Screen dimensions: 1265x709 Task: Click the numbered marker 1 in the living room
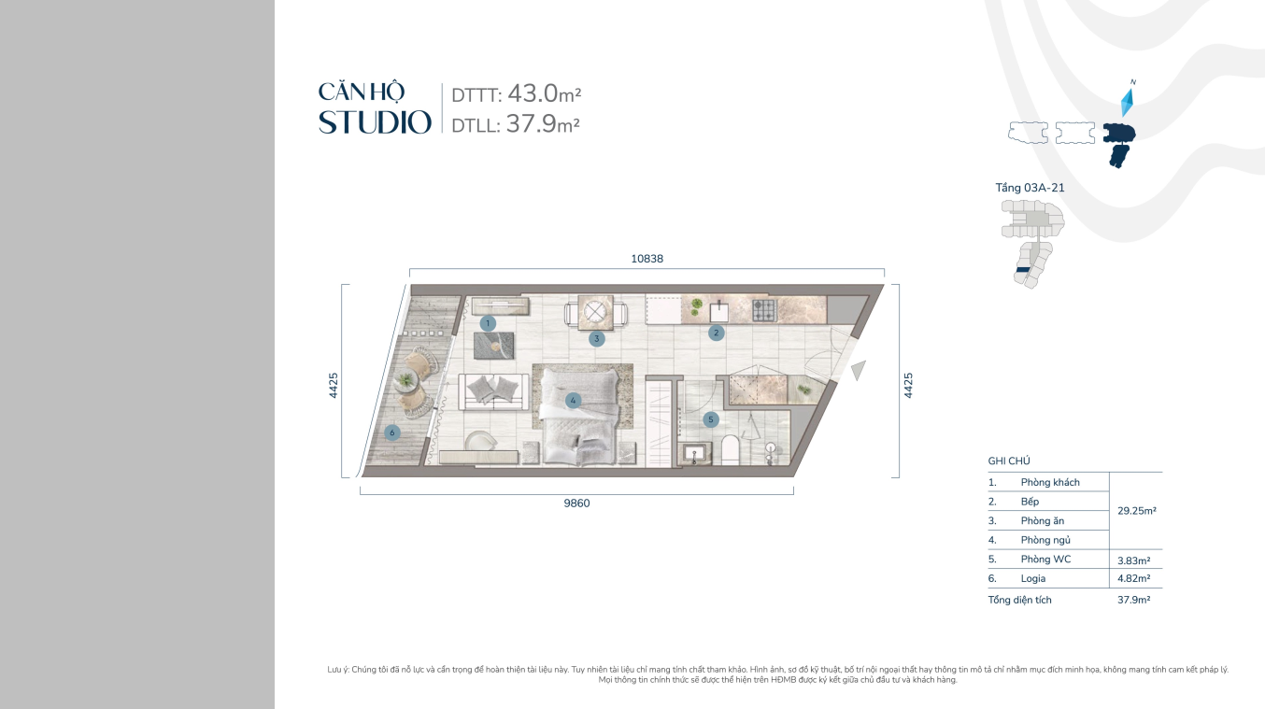tap(488, 323)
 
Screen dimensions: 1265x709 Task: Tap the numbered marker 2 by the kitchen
tap(716, 333)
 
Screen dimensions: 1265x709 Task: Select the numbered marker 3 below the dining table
tap(596, 339)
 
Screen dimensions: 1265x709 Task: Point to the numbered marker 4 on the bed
tap(573, 401)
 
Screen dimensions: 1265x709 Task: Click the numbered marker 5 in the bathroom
tap(710, 419)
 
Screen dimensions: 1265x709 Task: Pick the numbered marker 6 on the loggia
tap(391, 432)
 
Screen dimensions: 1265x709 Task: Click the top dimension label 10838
tap(647, 259)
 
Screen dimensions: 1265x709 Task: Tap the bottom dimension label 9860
tap(576, 503)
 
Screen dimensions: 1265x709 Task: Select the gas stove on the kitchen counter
tap(764, 310)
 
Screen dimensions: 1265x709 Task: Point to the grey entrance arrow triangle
tap(858, 370)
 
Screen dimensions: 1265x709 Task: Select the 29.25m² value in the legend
tap(1136, 511)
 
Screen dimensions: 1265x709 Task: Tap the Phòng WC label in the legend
tap(1045, 559)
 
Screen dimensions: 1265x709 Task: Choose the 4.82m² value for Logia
tap(1133, 578)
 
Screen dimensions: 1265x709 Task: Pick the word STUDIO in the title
tap(375, 122)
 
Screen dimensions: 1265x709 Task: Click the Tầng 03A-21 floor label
tap(1030, 188)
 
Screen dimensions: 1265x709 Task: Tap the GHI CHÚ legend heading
tap(1009, 461)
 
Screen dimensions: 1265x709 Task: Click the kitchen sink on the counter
tap(718, 311)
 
